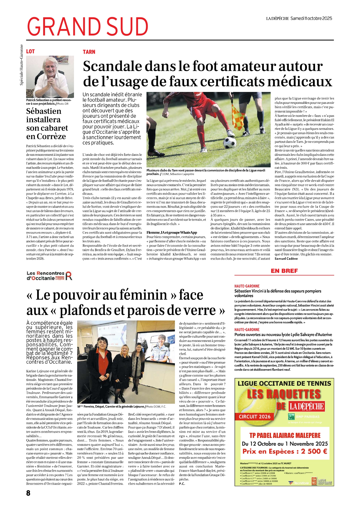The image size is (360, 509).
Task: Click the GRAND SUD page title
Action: pyautogui.click(x=88, y=27)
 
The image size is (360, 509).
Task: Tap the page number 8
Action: pyautogui.click(x=28, y=493)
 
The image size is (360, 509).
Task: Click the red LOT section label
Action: pyautogui.click(x=30, y=52)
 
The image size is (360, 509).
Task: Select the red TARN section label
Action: pyautogui.click(x=89, y=52)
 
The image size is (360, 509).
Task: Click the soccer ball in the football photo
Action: pyautogui.click(x=230, y=142)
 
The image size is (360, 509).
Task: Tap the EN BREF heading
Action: pyautogui.click(x=284, y=271)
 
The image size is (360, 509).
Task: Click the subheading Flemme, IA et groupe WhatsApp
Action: pyautogui.click(x=172, y=233)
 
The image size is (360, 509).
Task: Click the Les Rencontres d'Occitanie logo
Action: pyautogui.click(x=49, y=276)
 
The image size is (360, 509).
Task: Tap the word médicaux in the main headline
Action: pyautogui.click(x=299, y=81)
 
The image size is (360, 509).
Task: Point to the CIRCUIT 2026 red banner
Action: pyautogui.click(x=254, y=417)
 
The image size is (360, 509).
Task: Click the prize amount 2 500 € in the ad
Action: pyautogui.click(x=314, y=451)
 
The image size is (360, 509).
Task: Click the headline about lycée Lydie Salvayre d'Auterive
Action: pyautogui.click(x=283, y=334)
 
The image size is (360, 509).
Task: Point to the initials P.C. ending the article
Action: pyautogui.click(x=182, y=483)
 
